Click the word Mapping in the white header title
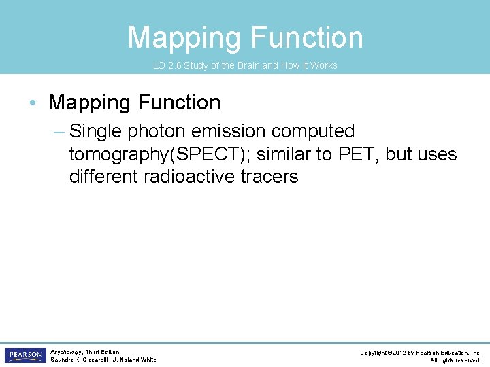[x=182, y=37]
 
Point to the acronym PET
[x=361, y=154]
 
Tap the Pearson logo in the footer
[x=24, y=355]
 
